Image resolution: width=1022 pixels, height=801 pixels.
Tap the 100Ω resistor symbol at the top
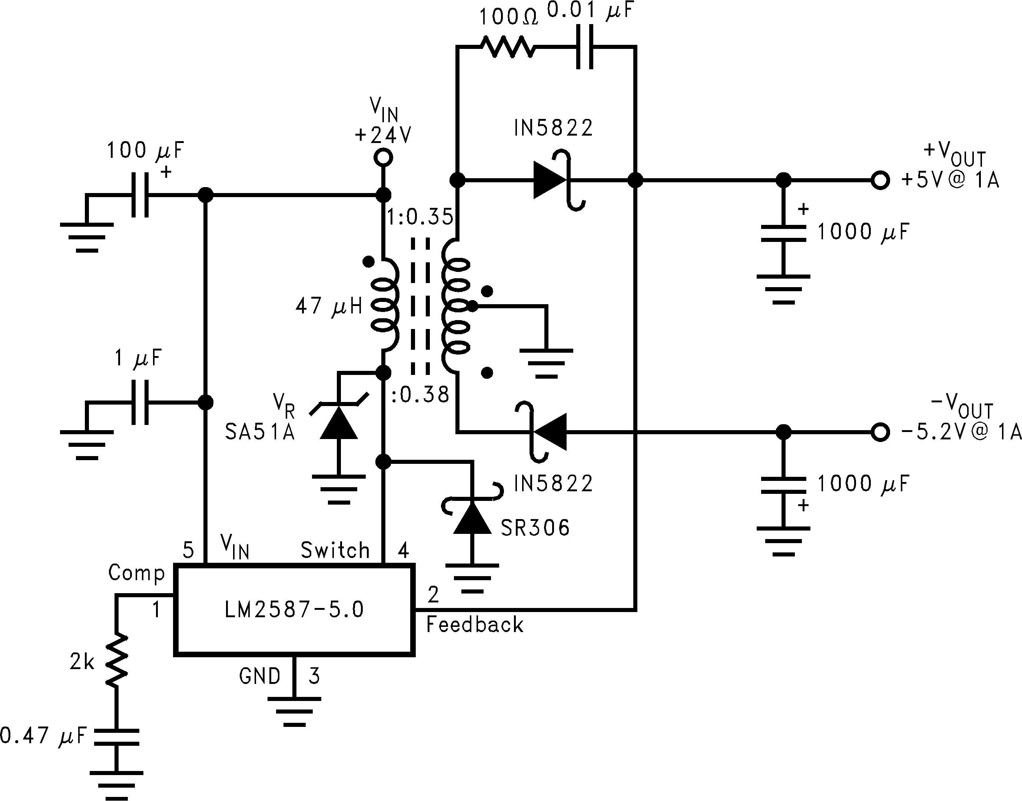coord(507,47)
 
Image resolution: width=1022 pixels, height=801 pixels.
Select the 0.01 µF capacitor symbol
coord(584,47)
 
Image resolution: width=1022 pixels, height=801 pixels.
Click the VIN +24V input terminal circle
coord(383,157)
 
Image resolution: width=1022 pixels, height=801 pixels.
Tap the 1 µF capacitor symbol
coord(140,402)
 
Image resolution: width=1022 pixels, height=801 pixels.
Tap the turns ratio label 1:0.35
coord(420,217)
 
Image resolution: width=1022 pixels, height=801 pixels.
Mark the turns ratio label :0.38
coord(420,395)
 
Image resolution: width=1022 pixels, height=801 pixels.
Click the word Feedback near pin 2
coord(475,625)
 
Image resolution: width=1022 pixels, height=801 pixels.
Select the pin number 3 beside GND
coord(314,676)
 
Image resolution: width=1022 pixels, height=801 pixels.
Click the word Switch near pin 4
coord(335,550)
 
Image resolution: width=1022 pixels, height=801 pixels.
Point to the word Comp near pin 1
coord(136,573)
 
